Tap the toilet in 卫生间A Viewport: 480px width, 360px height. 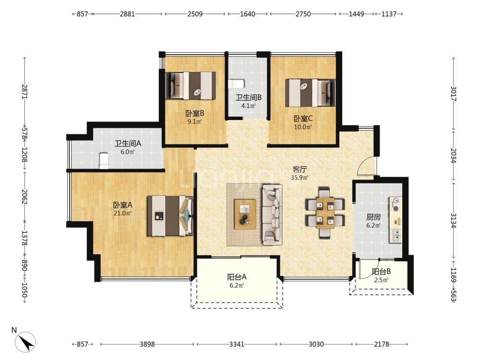(x=104, y=161)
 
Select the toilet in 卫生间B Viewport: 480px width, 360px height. (x=236, y=84)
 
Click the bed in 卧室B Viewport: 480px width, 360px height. (x=191, y=86)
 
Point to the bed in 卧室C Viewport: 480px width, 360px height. (x=310, y=93)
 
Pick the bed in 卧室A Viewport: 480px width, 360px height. (x=170, y=216)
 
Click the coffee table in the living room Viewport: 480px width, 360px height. (x=245, y=214)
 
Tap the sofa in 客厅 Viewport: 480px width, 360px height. (x=272, y=214)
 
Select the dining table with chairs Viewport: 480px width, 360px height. (x=325, y=213)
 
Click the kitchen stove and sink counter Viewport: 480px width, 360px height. (x=396, y=219)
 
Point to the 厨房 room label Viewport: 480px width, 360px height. (x=373, y=217)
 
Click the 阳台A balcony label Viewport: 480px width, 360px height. (x=237, y=277)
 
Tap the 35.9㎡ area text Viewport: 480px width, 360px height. (x=300, y=178)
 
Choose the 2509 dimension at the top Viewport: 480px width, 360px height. (x=195, y=14)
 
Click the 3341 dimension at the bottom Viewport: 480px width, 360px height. (x=237, y=344)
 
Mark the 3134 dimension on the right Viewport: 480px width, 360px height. (x=454, y=220)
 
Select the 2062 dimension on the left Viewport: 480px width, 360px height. (x=25, y=197)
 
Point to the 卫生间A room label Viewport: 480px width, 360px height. (x=128, y=143)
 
